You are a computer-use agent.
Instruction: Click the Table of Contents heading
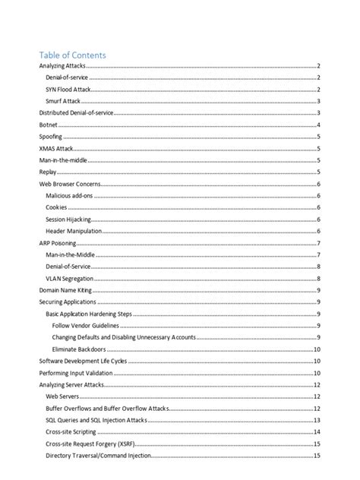(x=72, y=55)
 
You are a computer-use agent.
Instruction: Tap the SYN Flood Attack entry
(x=68, y=90)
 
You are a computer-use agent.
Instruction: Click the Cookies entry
(x=56, y=207)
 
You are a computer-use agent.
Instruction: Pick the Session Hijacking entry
(x=69, y=219)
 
